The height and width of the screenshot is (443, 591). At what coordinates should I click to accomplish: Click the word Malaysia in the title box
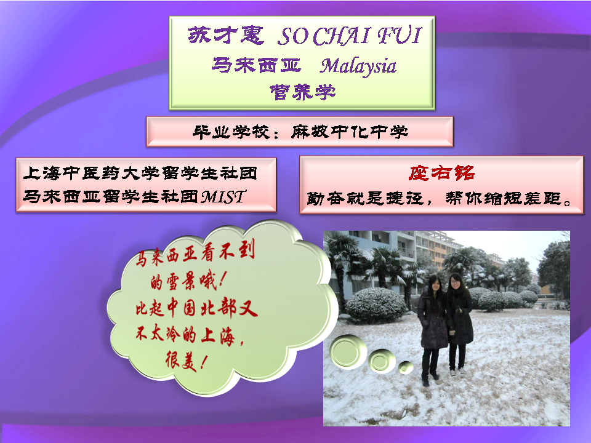[x=358, y=66]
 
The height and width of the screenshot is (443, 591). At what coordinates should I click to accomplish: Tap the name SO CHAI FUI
[x=350, y=36]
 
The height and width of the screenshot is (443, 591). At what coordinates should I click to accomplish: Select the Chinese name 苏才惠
[x=226, y=36]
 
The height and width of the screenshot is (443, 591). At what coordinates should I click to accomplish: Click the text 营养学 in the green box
[x=302, y=92]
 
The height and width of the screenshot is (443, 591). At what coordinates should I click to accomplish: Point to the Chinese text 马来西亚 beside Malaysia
[x=256, y=65]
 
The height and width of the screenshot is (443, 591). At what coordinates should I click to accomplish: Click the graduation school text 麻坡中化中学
[x=350, y=132]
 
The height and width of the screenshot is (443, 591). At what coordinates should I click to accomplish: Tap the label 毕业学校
[x=231, y=132]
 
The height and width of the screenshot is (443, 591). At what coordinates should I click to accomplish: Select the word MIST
[x=223, y=197]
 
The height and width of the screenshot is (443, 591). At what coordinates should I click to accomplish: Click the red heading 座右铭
[x=441, y=173]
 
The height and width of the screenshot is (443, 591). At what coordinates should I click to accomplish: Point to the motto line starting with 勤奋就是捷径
[x=440, y=198]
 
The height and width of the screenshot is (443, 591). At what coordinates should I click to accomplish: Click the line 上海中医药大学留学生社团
[x=140, y=173]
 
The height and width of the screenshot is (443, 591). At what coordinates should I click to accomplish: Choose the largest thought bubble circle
[x=348, y=352]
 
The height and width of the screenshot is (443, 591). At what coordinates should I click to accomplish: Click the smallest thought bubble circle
[x=406, y=367]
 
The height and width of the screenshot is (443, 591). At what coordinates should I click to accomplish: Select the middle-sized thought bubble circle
[x=382, y=361]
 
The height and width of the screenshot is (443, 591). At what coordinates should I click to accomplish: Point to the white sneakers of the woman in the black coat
[x=457, y=372]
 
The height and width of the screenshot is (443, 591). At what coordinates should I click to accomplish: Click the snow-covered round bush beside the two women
[x=376, y=306]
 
